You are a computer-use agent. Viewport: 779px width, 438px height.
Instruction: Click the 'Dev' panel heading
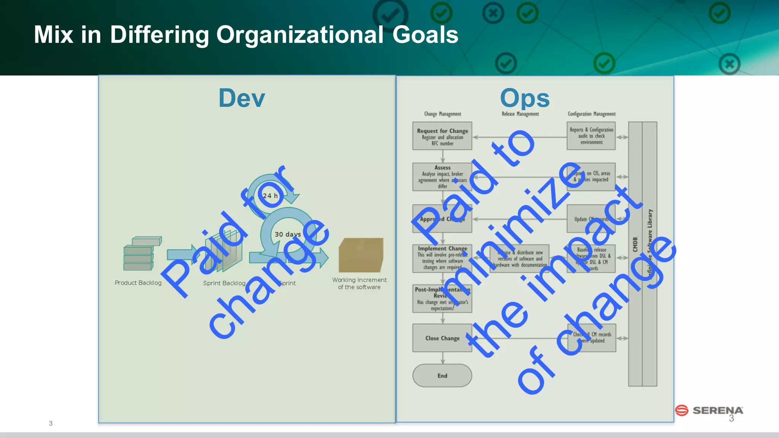click(242, 98)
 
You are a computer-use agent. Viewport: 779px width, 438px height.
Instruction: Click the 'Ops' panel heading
click(525, 98)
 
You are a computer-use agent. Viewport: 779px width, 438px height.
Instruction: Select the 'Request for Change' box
click(442, 136)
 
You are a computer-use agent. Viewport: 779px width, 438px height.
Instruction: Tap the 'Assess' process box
click(442, 177)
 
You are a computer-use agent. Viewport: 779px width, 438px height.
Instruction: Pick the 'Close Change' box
click(442, 338)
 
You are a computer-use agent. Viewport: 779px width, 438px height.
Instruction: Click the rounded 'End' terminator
click(442, 376)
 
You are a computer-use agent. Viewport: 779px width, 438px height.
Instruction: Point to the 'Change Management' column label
click(442, 114)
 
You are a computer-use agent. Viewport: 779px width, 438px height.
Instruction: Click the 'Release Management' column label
click(520, 114)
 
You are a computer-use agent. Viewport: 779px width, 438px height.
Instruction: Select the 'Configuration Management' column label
click(591, 114)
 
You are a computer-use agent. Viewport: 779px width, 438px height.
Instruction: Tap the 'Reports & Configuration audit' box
click(591, 136)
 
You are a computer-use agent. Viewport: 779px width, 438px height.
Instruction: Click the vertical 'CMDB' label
click(635, 244)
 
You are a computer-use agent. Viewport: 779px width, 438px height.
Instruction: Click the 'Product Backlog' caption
click(138, 283)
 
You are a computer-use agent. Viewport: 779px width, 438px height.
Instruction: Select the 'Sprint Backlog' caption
click(224, 283)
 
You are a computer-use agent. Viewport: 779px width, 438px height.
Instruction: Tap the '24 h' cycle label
click(270, 196)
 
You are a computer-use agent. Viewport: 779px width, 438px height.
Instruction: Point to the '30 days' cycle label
click(288, 234)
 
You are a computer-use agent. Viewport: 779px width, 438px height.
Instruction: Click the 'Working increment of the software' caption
click(359, 283)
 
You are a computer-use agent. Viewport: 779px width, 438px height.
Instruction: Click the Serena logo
click(709, 411)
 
